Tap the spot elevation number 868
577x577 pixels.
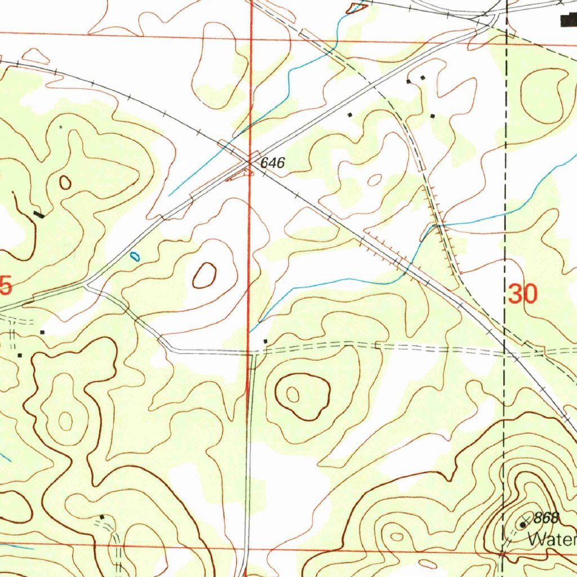[547, 518]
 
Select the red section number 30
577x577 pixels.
[523, 294]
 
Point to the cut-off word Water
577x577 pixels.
[552, 540]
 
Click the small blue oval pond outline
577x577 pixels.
[135, 256]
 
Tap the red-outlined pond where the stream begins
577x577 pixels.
[357, 7]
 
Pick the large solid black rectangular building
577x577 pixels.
[568, 21]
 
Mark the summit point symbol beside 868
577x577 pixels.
[523, 525]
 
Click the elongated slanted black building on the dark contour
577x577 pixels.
[38, 214]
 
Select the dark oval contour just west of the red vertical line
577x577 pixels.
[205, 276]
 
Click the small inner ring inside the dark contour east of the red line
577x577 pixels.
[293, 394]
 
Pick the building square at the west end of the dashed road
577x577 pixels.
[265, 341]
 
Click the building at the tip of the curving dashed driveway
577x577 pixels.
[102, 516]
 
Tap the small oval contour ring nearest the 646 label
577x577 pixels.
[374, 180]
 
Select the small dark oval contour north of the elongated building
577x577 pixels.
[65, 182]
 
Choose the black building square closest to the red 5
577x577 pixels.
[42, 332]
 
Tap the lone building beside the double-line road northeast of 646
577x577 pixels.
[350, 114]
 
